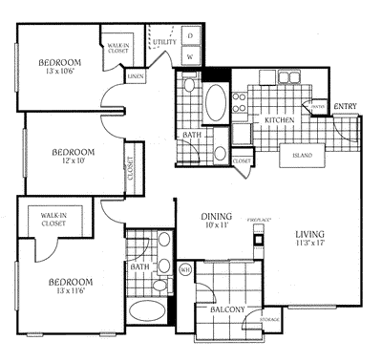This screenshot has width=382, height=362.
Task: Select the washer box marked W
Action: tap(191, 57)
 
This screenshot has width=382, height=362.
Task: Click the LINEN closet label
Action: tap(136, 74)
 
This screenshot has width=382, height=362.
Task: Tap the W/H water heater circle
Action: tap(185, 269)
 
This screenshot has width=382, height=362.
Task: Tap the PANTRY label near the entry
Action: tap(318, 106)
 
